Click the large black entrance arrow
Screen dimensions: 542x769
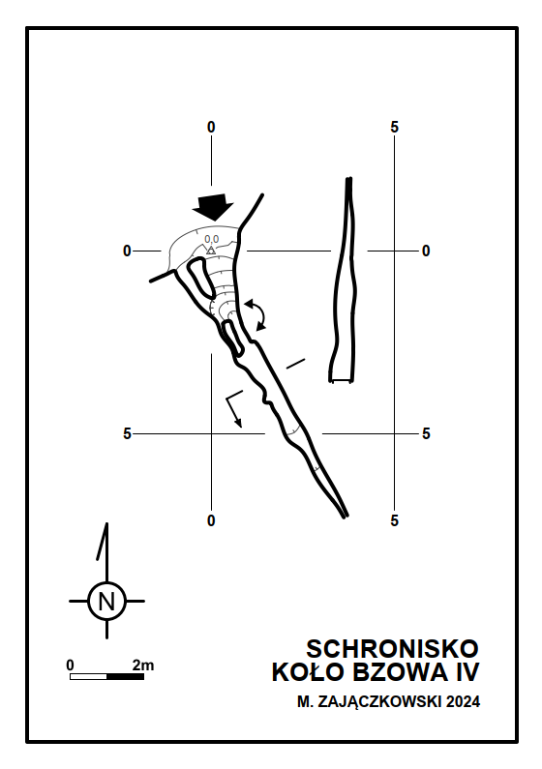pos(213,206)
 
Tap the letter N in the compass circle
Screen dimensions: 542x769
pos(106,602)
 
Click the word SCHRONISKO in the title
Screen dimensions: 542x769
pos(392,649)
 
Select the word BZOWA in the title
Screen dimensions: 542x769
pos(401,672)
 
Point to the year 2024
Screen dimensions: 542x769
pos(463,702)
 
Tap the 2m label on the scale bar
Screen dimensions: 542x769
pos(142,665)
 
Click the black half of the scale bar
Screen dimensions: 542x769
pos(125,677)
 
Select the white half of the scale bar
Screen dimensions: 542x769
pos(88,677)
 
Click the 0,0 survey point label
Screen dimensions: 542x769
pos(211,239)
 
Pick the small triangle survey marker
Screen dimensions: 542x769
pos(211,251)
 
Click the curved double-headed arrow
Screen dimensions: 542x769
pos(259,313)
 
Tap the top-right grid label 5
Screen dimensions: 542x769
pos(394,128)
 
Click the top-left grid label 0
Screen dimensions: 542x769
pos(211,128)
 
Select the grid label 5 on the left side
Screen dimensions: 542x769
pos(127,434)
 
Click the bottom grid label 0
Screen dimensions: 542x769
pos(211,520)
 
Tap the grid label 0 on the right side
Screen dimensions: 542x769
pos(426,251)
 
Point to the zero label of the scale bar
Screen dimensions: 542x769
pos(70,665)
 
